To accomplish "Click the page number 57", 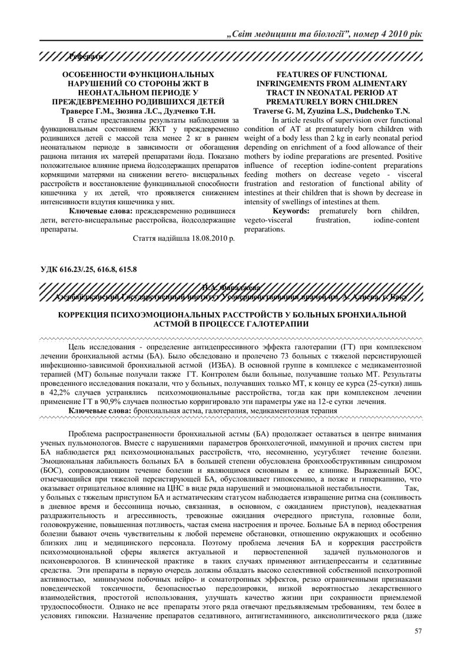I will [419, 631].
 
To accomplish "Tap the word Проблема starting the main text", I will [87, 433].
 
